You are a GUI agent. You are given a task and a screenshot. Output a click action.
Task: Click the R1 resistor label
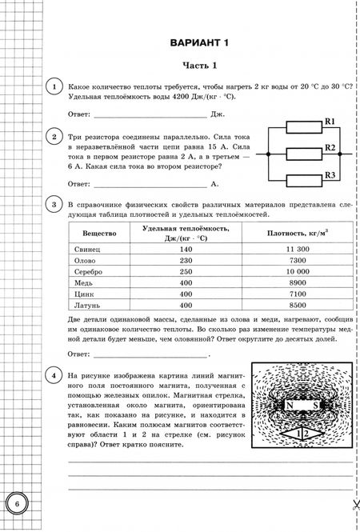[x=329, y=122]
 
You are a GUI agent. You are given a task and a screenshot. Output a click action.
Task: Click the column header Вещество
[x=99, y=233]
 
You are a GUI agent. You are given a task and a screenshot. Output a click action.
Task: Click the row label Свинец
[x=99, y=250]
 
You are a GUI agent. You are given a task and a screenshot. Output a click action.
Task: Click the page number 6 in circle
[x=16, y=505]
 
